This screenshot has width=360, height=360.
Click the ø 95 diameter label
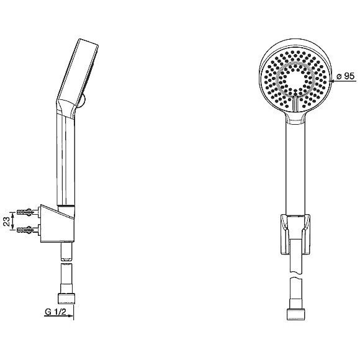pyautogui.click(x=346, y=76)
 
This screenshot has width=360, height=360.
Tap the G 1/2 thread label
pyautogui.click(x=56, y=312)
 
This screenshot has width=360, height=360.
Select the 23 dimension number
pyautogui.click(x=7, y=222)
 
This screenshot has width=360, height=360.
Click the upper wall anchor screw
pyautogui.click(x=27, y=212)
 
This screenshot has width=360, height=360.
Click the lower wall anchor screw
pyautogui.click(x=27, y=230)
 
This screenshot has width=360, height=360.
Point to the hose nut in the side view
pyautogui.click(x=66, y=298)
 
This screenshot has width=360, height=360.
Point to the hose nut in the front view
pyautogui.click(x=296, y=314)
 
